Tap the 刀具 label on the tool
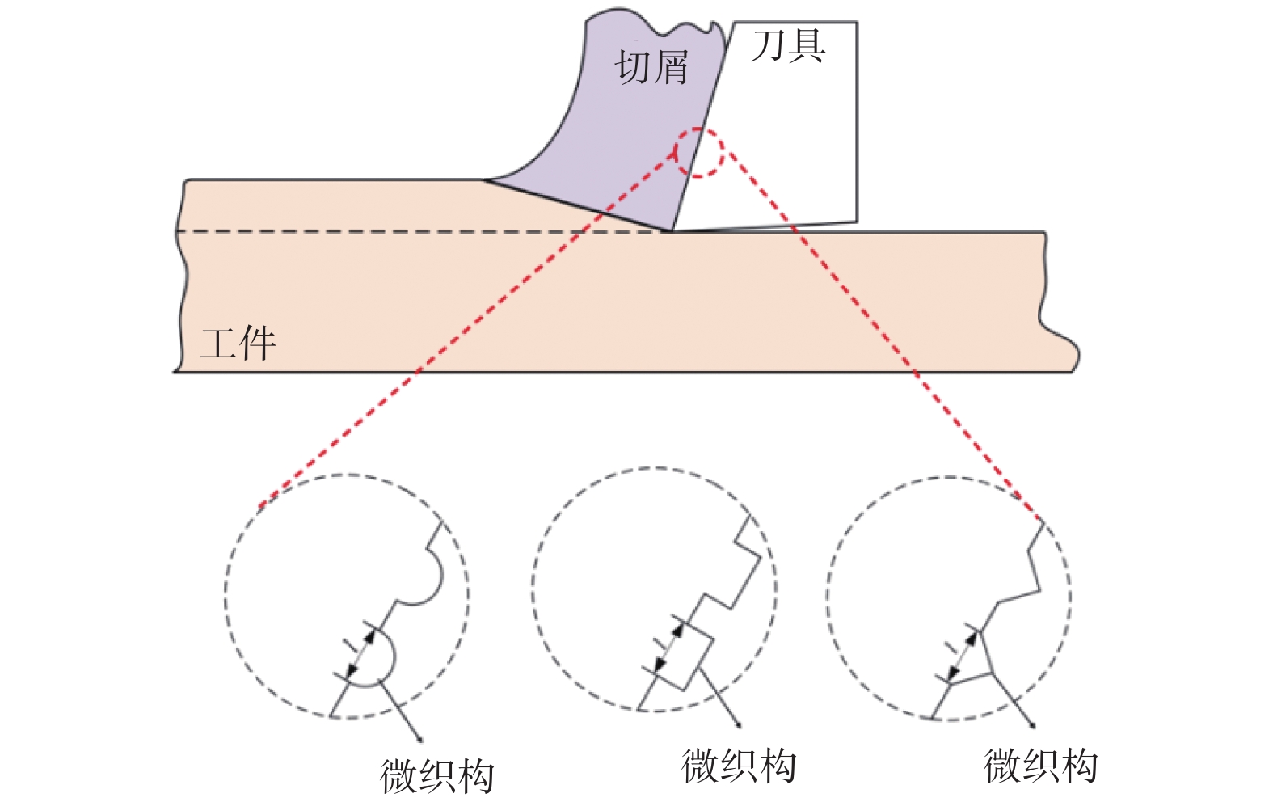pos(788,46)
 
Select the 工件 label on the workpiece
pos(238,344)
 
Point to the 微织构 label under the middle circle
pos(739,766)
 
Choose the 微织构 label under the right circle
pos(1041,766)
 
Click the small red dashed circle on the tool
pos(700,153)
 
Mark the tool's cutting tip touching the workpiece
pos(670,231)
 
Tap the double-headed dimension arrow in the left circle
pos(361,653)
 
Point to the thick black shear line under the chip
pos(578,205)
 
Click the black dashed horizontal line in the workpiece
pos(404,232)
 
